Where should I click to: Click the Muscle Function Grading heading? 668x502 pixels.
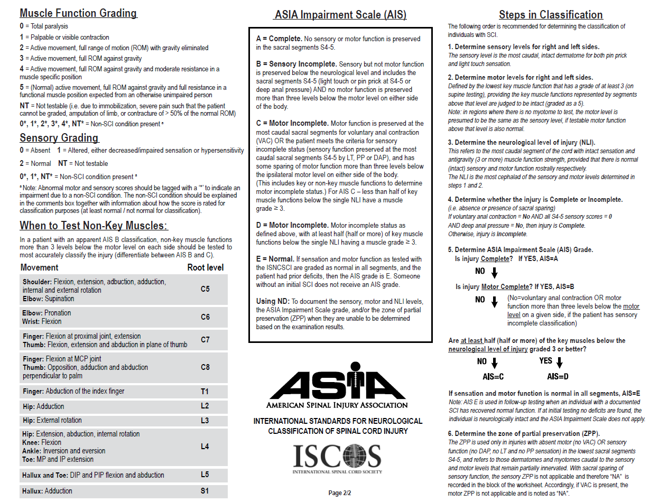pos(78,13)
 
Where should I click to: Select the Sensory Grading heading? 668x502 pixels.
pos(59,138)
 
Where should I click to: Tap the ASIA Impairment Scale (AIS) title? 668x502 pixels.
pos(340,15)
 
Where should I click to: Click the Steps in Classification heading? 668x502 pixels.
pos(551,15)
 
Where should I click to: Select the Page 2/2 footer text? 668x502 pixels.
pos(339,493)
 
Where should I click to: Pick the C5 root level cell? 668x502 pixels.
pos(205,290)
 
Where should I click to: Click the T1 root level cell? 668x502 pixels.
pos(205,392)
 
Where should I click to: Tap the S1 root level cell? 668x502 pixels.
pos(205,491)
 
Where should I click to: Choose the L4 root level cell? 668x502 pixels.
pos(205,447)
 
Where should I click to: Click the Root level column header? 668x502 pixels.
pos(206,267)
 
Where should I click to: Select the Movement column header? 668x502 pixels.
pos(40,267)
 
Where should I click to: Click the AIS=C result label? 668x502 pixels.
pos(494,377)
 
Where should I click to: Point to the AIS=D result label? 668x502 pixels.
pos(558,377)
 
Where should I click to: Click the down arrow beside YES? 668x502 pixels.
pos(560,362)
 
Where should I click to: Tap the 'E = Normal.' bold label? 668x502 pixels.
pos(275,259)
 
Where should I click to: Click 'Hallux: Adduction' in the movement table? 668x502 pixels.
pos(47,491)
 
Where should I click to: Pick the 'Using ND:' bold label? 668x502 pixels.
pos(273,301)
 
